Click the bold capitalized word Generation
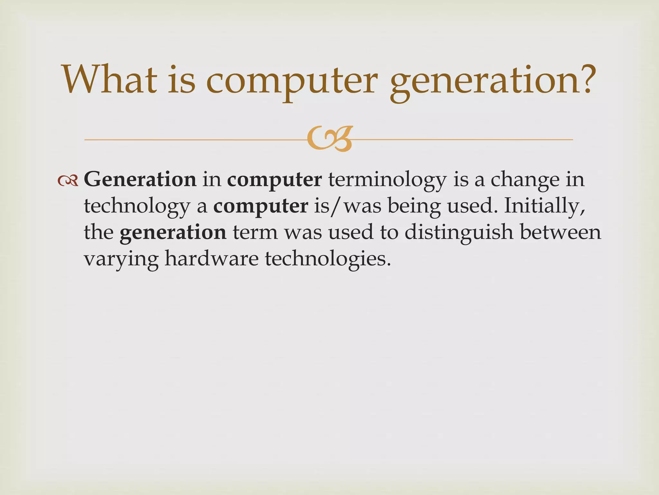click(x=140, y=180)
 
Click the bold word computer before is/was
click(x=261, y=206)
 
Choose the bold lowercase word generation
click(x=173, y=232)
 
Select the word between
click(x=560, y=232)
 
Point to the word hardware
click(x=211, y=259)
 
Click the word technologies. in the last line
click(x=328, y=259)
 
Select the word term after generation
click(x=255, y=232)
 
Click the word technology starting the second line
click(x=137, y=206)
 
